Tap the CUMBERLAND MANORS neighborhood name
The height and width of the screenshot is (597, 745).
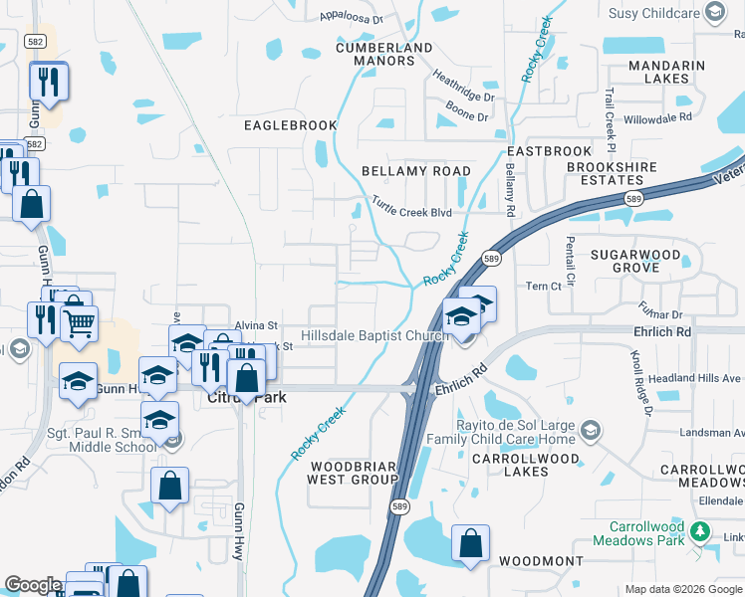click(x=384, y=54)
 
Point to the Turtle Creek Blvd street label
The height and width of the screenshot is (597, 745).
click(x=411, y=211)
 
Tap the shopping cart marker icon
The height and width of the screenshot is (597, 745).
click(x=79, y=320)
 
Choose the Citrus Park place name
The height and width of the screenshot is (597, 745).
click(x=246, y=398)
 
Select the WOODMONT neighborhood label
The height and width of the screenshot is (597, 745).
click(x=541, y=561)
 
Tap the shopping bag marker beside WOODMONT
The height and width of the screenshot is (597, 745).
click(x=470, y=543)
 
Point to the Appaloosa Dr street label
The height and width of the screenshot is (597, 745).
click(x=352, y=17)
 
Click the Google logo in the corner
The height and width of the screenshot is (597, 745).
click(x=32, y=586)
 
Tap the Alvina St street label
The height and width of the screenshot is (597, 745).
click(x=256, y=325)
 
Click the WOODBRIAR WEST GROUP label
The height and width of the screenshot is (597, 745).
click(x=354, y=473)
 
